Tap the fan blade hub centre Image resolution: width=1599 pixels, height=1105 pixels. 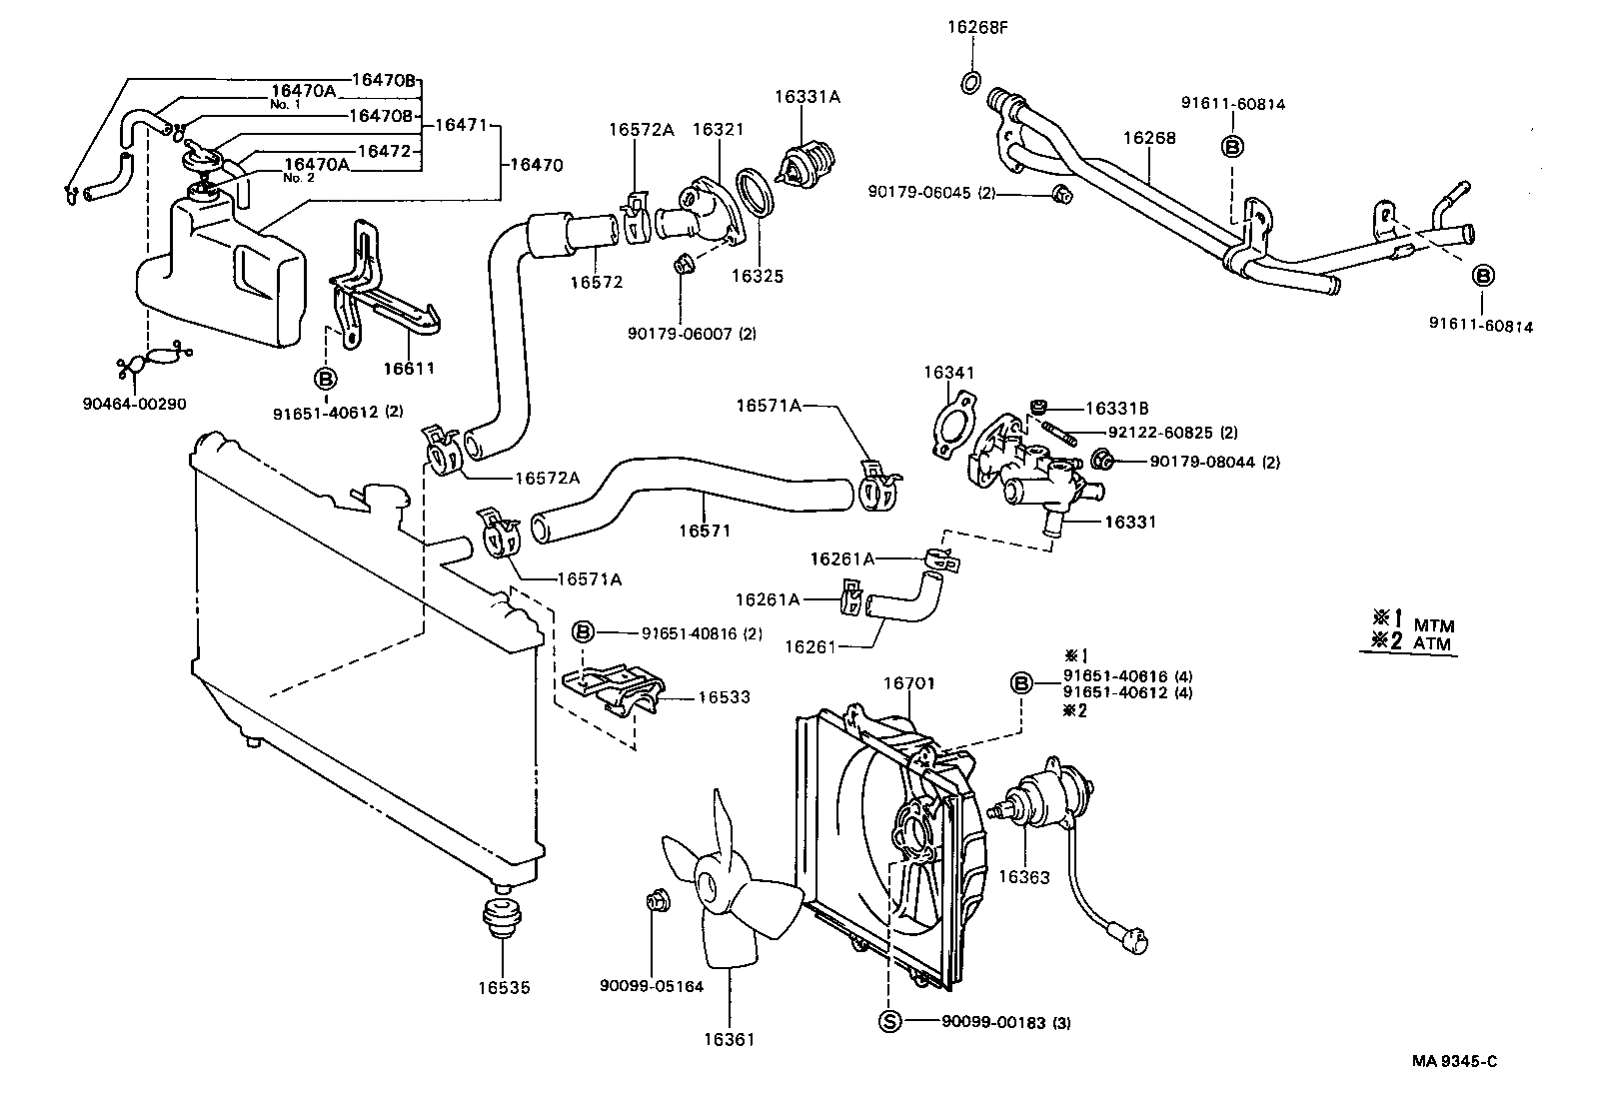(709, 885)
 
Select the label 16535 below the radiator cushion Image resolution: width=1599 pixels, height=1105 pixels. (504, 988)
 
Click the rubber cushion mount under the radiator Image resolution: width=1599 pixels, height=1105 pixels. (497, 916)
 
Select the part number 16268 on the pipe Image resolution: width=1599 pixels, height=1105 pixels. (1149, 138)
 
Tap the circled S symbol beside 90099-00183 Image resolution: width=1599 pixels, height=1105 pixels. (888, 1021)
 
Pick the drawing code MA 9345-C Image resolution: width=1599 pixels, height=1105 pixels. (1454, 1061)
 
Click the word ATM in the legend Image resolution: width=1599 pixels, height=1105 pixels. (1433, 644)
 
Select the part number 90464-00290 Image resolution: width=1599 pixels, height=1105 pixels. (134, 404)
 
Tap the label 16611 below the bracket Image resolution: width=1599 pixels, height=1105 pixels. (409, 369)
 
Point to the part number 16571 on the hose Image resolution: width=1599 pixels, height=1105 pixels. (705, 531)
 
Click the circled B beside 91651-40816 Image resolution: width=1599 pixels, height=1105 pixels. (584, 631)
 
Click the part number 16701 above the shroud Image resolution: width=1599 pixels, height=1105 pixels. (909, 683)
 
